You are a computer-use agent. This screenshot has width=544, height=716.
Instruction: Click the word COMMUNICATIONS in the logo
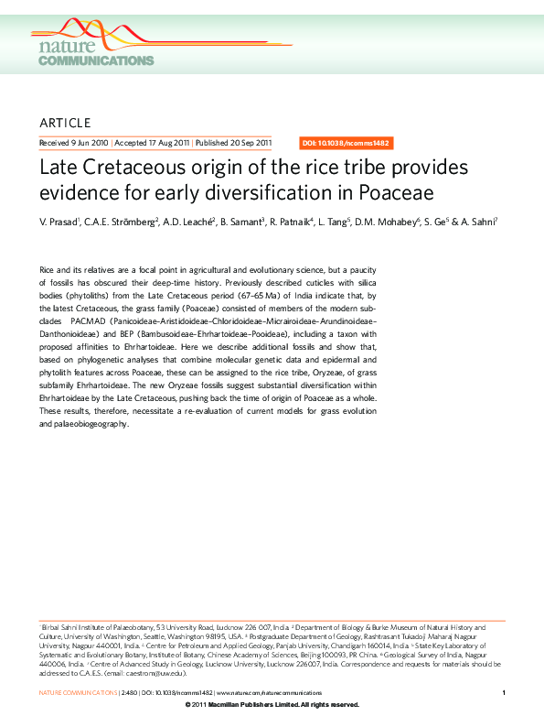[96, 60]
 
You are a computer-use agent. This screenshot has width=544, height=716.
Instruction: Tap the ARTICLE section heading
[65, 123]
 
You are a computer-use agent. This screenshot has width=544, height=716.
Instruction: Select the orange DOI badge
[347, 143]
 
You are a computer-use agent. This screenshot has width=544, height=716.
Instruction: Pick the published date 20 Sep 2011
[248, 143]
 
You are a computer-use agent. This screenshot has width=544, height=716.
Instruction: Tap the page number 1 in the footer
[505, 693]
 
